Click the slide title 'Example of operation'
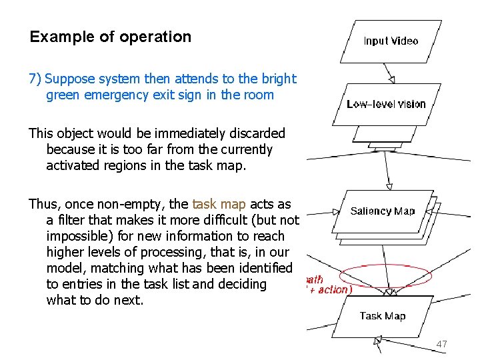pos(110,37)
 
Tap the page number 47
pos(441,344)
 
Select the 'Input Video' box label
pos(391,41)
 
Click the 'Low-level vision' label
pos(386,104)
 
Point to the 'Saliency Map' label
pos(383,211)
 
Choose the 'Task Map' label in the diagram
pos(383,316)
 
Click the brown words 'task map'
pos(219,204)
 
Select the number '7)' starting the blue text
pos(35,79)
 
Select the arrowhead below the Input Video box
pos(392,79)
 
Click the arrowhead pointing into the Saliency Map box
pos(389,188)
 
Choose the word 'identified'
pos(262,268)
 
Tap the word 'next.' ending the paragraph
pos(130,300)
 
